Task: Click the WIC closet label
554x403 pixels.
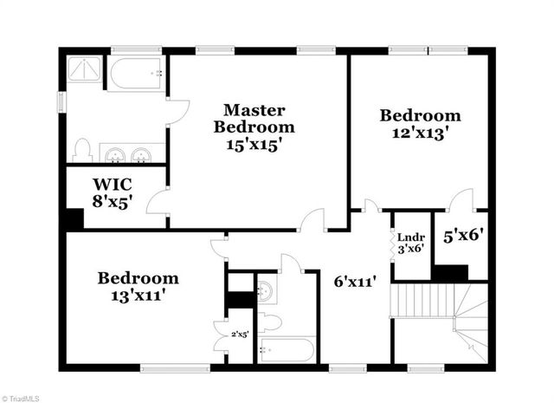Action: click(x=112, y=184)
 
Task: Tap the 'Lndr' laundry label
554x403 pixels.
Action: click(x=409, y=236)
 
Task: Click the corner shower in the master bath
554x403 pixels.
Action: click(x=85, y=71)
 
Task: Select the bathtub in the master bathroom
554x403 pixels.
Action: click(x=137, y=74)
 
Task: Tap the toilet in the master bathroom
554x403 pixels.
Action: click(x=82, y=150)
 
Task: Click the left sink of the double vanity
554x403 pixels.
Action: click(x=116, y=155)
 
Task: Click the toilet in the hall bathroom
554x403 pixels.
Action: click(x=269, y=323)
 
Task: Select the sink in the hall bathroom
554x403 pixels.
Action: click(x=267, y=292)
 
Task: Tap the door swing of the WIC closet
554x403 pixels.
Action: click(x=158, y=204)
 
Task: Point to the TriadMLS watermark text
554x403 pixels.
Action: click(x=21, y=398)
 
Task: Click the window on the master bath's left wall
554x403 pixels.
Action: click(x=61, y=100)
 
